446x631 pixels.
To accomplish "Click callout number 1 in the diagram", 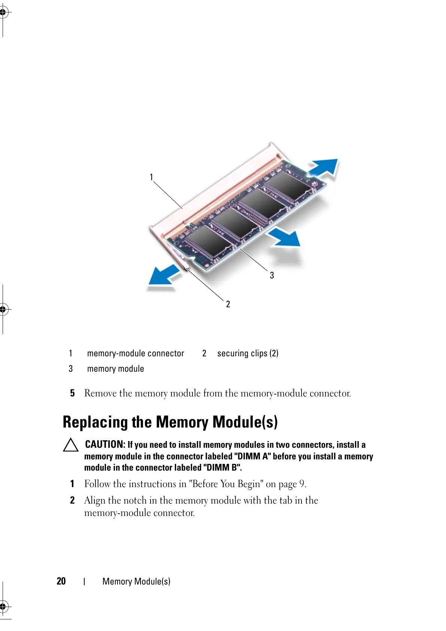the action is (x=151, y=177).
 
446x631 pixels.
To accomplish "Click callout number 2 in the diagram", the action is (x=228, y=304).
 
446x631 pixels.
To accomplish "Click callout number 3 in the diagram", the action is (x=272, y=276).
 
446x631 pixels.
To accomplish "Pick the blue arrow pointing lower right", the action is (x=285, y=238).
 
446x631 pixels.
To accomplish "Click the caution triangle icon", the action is (x=70, y=445).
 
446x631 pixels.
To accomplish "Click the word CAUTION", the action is (x=105, y=444).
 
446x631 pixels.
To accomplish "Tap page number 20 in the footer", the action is (x=61, y=581).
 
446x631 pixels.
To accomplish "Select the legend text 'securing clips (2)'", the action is (x=248, y=353).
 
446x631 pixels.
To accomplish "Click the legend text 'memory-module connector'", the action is (x=136, y=353).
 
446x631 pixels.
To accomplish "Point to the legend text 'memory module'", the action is (x=115, y=369).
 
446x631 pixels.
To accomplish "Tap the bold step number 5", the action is (x=72, y=393).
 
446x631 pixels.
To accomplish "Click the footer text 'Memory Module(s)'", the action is (x=136, y=582).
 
